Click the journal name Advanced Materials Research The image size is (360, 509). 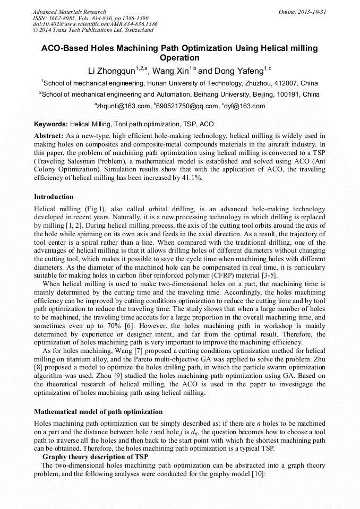69,11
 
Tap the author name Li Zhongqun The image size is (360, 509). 112,71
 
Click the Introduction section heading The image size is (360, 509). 54,197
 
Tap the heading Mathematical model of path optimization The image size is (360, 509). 98,412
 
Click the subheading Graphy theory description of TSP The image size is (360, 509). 95,457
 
